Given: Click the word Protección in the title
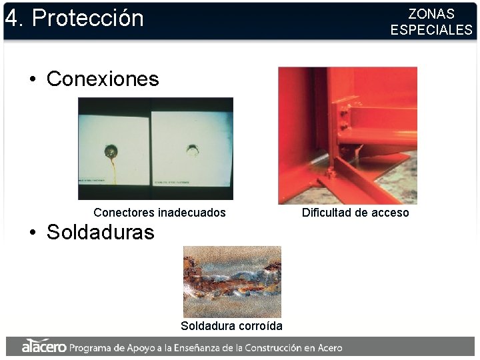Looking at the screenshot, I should (87, 18).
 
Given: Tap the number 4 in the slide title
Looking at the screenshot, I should (11, 18).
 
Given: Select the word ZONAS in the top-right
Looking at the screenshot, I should (431, 14).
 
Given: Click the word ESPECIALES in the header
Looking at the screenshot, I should (431, 30).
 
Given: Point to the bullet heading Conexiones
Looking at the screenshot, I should (103, 79).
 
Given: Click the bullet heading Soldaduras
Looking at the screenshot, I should (100, 232).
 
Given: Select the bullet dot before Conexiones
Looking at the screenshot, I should (32, 80).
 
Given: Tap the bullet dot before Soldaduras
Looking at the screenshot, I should (32, 233).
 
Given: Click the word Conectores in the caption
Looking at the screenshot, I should (124, 213).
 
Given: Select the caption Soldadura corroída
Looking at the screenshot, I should (231, 326).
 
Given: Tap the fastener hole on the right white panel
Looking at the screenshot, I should (193, 149).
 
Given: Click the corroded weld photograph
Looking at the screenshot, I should (232, 281).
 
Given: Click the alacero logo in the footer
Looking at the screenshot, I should (43, 347).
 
